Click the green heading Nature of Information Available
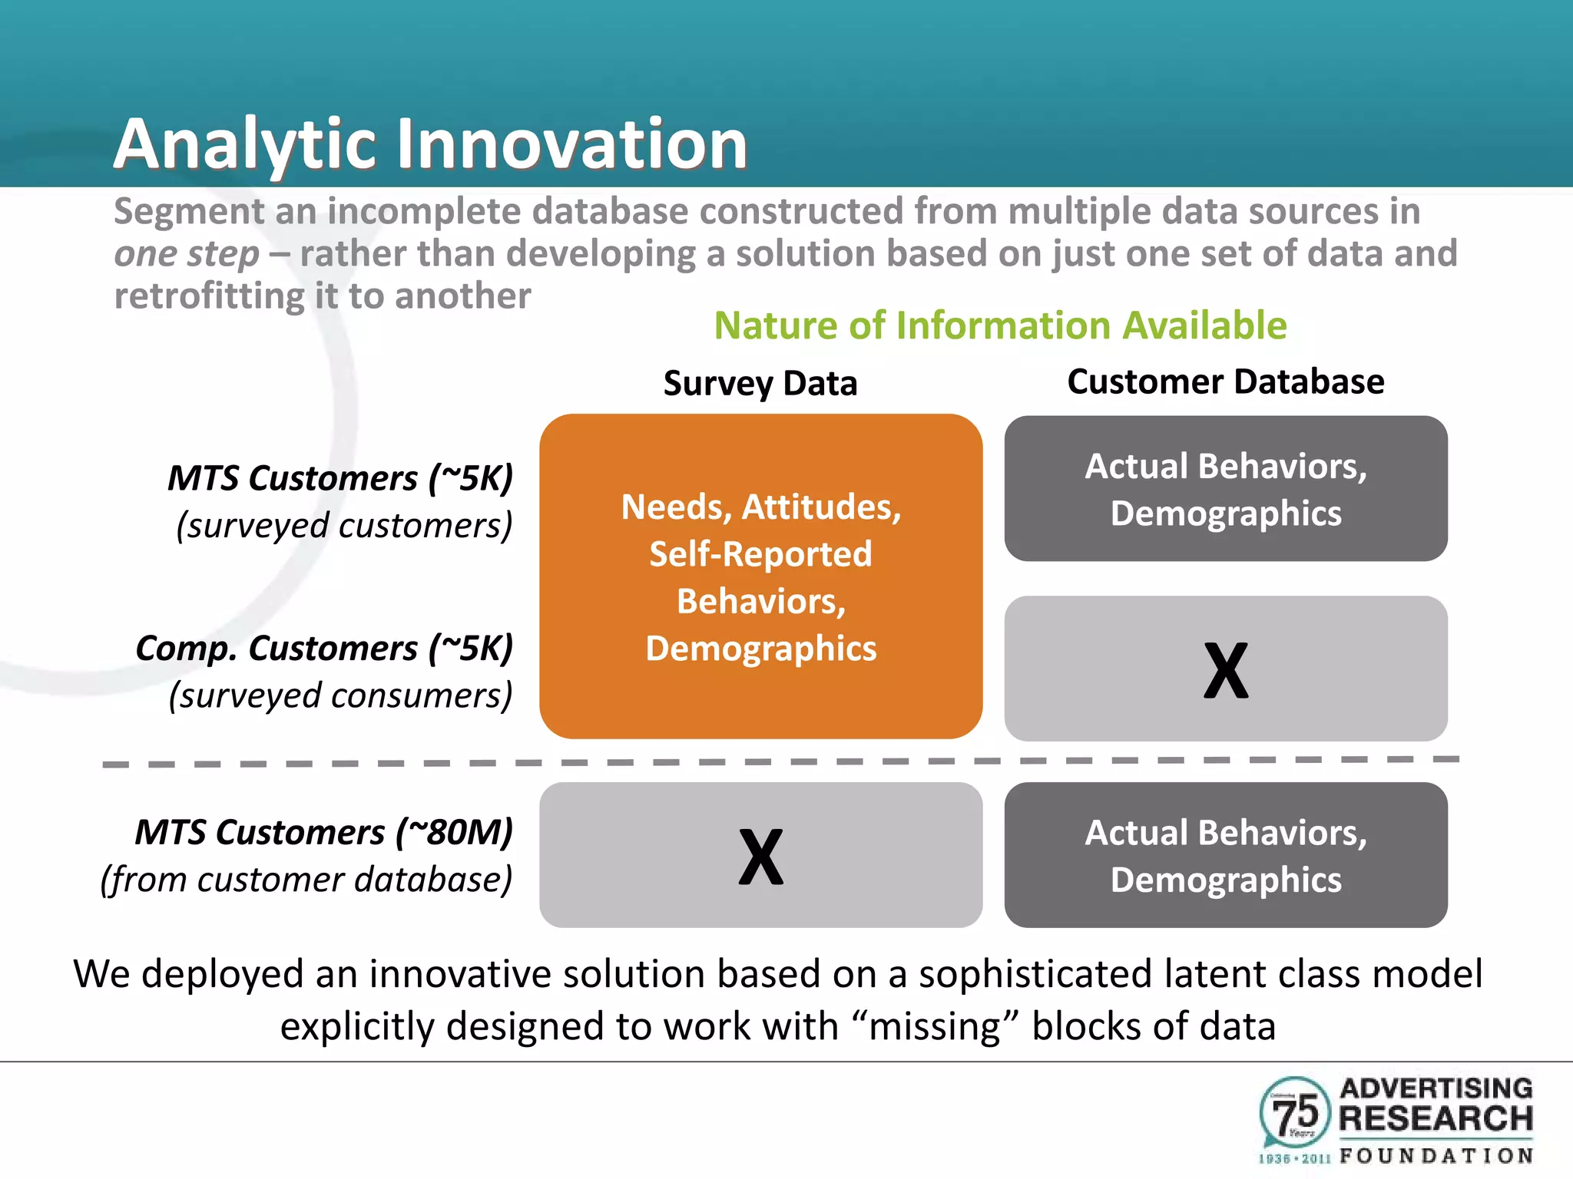1000,325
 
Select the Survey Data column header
760,383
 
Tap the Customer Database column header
1225,381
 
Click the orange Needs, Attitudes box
760,576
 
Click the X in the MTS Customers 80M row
760,857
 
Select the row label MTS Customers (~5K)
340,478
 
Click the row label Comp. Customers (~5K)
324,649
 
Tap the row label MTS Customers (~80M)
323,832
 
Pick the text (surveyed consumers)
340,696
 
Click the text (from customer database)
306,880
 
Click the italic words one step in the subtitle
187,254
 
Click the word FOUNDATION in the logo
1436,1156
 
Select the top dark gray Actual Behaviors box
1225,489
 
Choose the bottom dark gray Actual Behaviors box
1225,855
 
